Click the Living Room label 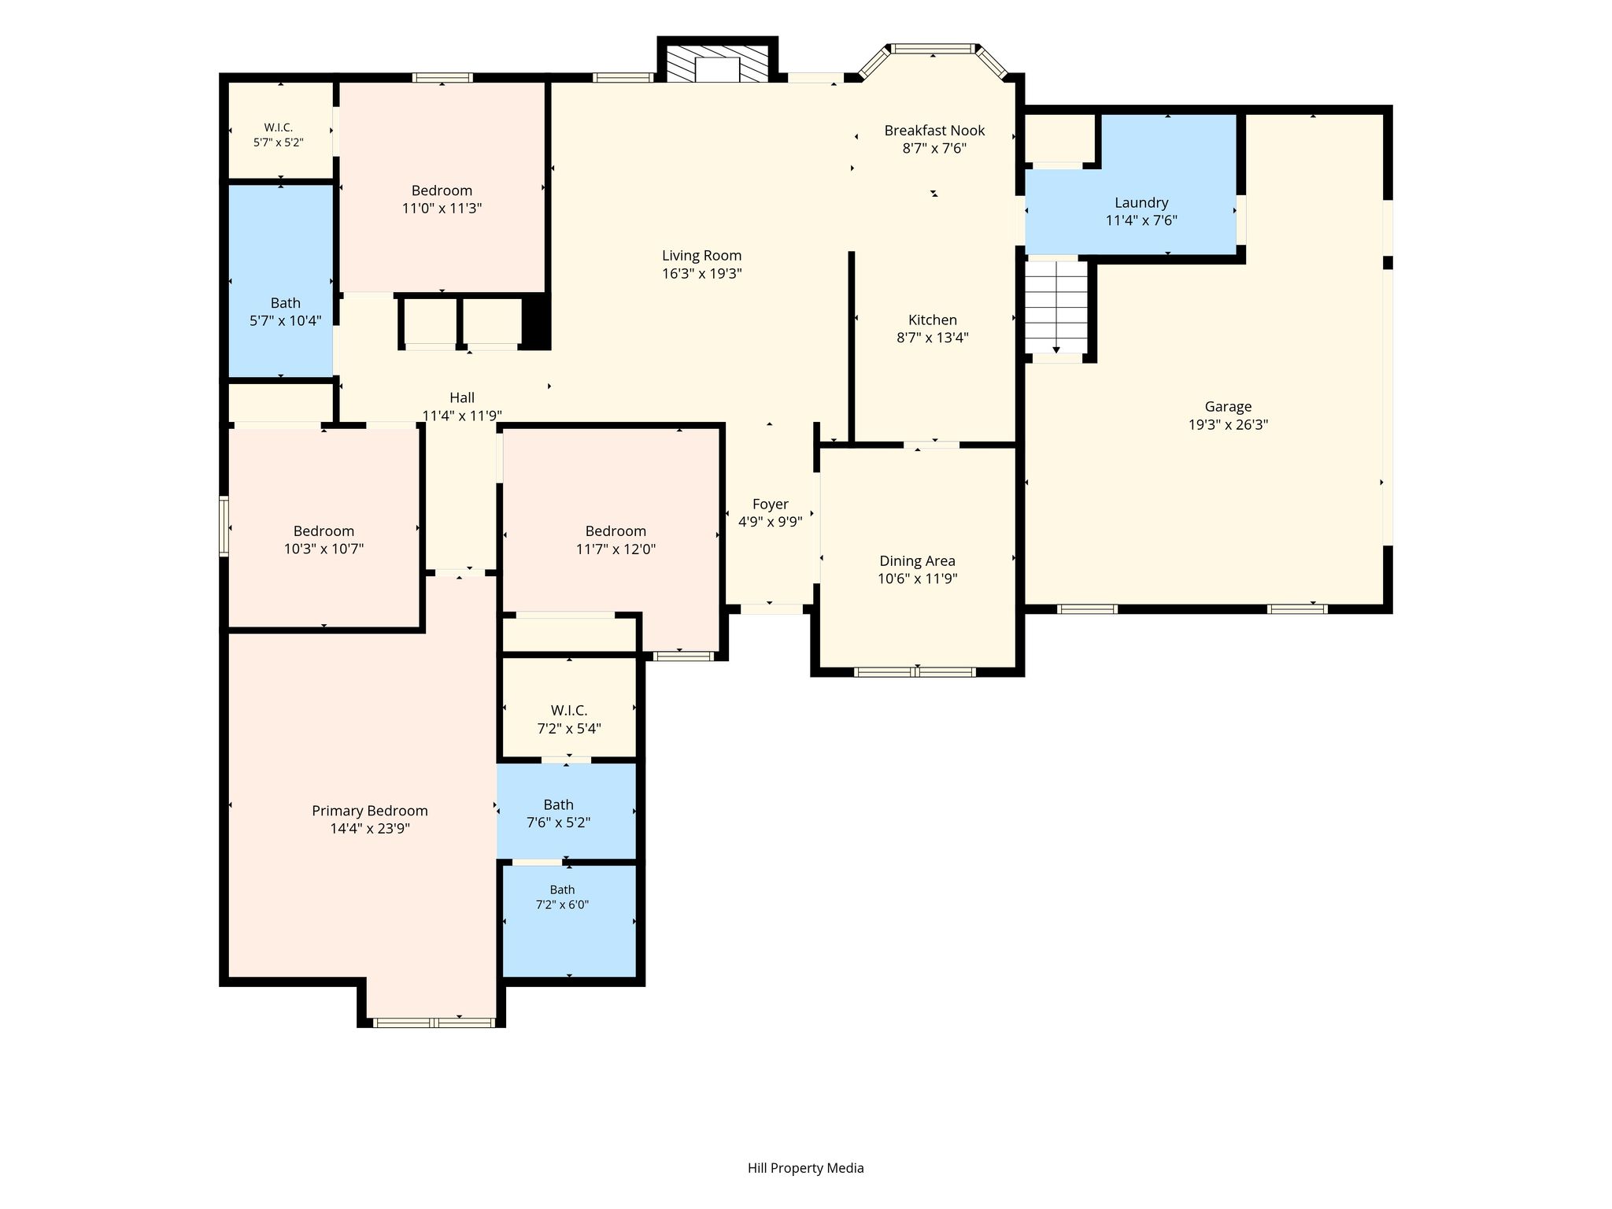click(x=701, y=256)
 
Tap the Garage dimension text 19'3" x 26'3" click(x=1228, y=425)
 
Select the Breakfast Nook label click(x=934, y=131)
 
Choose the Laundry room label click(x=1141, y=203)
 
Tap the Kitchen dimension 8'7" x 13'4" click(x=933, y=338)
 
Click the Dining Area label click(x=917, y=561)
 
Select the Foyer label click(x=770, y=505)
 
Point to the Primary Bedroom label click(x=370, y=811)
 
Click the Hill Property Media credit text click(x=805, y=1168)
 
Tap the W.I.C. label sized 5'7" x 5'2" click(x=279, y=128)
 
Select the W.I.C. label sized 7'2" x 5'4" click(x=569, y=711)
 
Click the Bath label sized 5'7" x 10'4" click(x=286, y=303)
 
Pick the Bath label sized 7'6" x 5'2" click(x=558, y=804)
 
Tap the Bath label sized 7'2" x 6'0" click(x=562, y=890)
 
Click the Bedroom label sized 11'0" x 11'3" click(x=442, y=190)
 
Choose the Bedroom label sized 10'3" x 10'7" click(x=324, y=531)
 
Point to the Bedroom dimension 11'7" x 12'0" click(x=616, y=549)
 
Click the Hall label click(x=462, y=397)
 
